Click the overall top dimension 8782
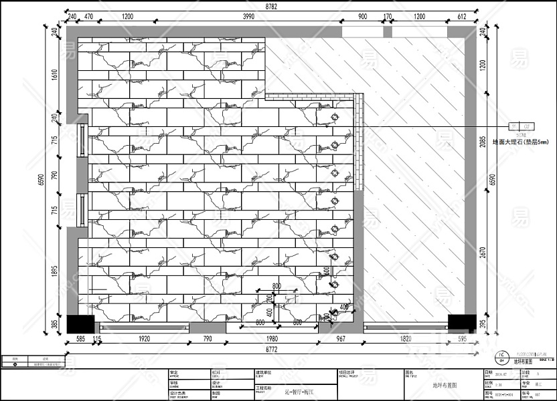coord(271,6)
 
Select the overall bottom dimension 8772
coord(271,349)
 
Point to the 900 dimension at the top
coord(362,16)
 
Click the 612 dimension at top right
coord(461,16)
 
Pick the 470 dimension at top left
coord(88,16)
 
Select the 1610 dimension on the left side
coord(55,73)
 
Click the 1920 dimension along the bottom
coord(143,340)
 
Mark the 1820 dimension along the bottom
coord(405,340)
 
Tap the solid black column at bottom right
coord(461,322)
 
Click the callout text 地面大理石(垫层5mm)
coord(520,142)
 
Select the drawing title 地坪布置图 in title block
coord(442,386)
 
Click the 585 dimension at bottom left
coord(80,340)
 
